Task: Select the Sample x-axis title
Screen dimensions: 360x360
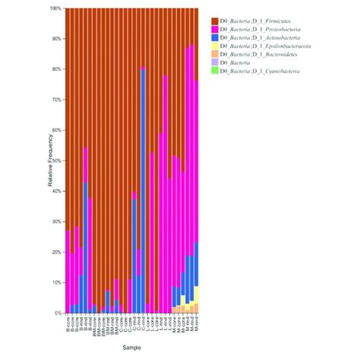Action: coord(132,347)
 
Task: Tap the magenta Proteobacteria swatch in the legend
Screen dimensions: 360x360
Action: coord(214,29)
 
